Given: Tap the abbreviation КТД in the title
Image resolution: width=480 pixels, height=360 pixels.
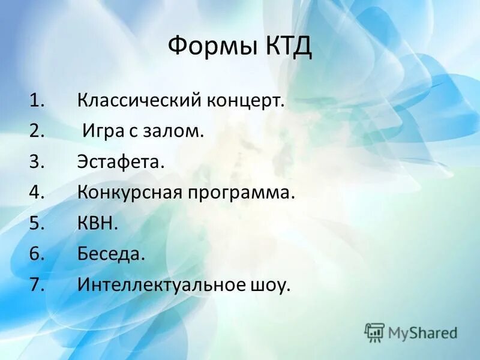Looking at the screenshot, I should (286, 46).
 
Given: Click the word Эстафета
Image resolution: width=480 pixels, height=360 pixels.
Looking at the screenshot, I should (120, 162).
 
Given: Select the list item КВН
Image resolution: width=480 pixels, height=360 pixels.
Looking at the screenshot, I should (98, 224).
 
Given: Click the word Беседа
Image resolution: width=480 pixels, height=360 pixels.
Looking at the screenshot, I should (111, 255).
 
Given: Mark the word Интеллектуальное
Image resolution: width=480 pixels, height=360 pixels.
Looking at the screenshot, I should (159, 286).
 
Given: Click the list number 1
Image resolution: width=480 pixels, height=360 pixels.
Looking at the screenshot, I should (35, 100).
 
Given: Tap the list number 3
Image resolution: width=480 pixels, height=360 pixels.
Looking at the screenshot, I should (35, 162).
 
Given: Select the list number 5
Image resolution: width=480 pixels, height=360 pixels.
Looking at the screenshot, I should (35, 224).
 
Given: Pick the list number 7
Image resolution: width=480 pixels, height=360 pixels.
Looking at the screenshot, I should (35, 286).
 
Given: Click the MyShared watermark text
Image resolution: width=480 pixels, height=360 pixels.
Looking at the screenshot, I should (422, 332).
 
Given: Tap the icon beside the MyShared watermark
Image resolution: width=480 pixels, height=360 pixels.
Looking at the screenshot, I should (374, 332).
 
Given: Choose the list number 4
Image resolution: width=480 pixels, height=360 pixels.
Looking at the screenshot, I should (35, 193).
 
